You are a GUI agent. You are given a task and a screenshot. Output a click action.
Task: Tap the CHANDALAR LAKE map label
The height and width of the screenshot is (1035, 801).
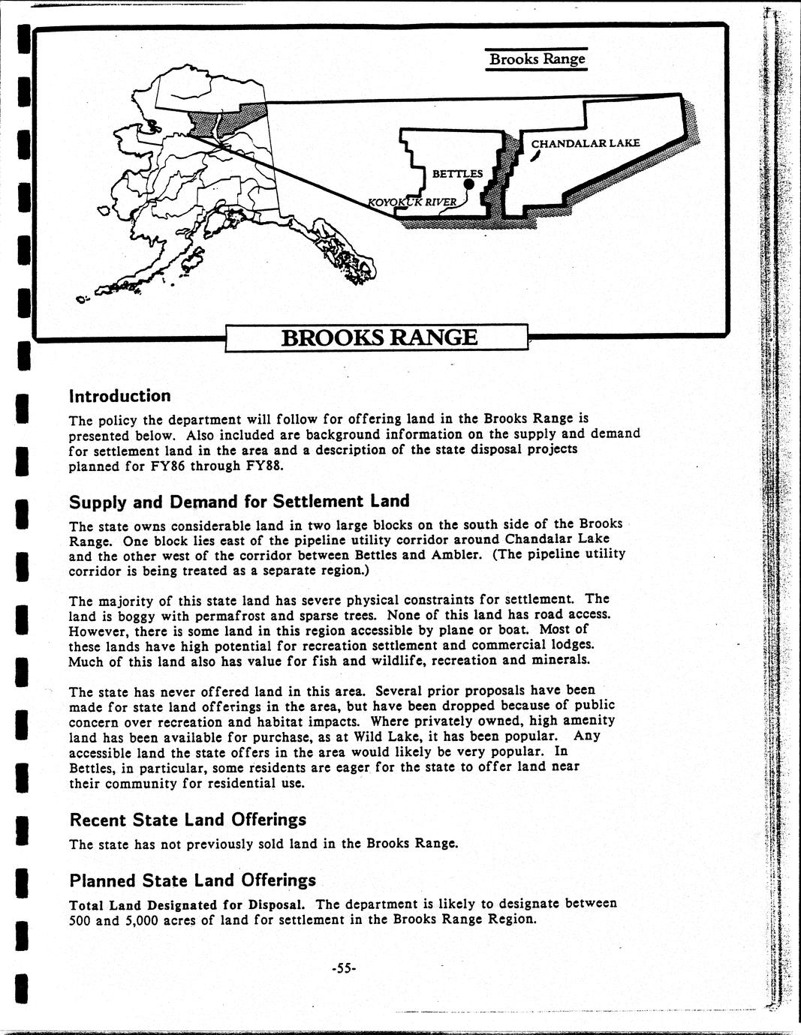click(586, 143)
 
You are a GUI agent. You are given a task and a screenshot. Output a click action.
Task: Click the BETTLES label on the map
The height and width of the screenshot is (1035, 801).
click(457, 173)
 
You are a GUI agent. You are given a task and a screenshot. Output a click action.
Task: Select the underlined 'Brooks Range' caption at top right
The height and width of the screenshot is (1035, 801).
click(536, 58)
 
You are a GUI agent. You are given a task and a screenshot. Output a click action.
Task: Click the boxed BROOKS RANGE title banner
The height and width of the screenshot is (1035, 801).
click(378, 337)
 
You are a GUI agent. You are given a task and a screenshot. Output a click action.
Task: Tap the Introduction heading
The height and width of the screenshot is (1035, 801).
click(119, 395)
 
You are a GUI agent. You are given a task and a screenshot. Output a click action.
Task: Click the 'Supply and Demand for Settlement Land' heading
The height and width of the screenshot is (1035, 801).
click(239, 501)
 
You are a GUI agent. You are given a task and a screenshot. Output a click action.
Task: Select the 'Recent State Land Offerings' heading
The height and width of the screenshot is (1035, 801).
click(188, 819)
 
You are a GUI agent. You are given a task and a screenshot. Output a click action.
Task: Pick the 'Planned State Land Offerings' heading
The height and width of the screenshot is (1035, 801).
click(192, 880)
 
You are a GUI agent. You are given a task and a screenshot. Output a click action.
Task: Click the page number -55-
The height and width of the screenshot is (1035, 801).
click(344, 968)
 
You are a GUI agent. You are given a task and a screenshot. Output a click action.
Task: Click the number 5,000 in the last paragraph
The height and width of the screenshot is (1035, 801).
click(134, 919)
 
